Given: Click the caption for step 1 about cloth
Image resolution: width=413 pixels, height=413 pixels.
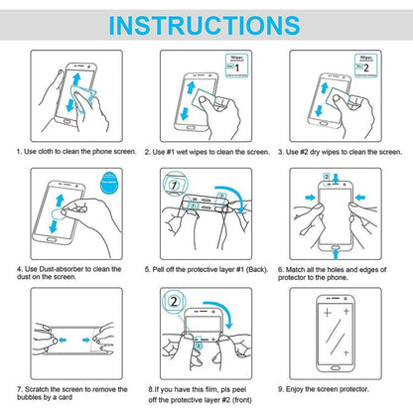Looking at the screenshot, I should point(74,152).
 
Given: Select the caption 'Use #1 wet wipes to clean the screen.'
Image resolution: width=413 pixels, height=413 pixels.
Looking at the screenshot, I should point(206,152).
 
